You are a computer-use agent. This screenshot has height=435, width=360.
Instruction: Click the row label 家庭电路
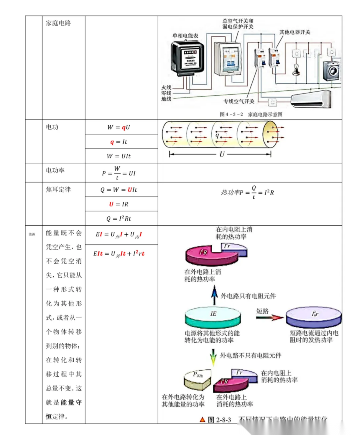tap(58, 23)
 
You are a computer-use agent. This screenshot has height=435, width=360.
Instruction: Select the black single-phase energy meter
tap(187, 56)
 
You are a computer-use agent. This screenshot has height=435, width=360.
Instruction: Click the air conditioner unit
tap(311, 99)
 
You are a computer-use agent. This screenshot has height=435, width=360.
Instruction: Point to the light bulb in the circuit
tap(296, 69)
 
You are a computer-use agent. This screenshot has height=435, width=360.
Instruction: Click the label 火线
tap(166, 87)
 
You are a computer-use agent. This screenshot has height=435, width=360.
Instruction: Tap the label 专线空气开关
tap(239, 101)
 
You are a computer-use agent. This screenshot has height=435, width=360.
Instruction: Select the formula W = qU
tap(119, 127)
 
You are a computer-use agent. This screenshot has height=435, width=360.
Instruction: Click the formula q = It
tap(119, 142)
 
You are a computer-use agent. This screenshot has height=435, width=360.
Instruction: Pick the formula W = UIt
tap(119, 156)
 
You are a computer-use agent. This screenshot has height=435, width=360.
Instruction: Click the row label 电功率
tap(55, 170)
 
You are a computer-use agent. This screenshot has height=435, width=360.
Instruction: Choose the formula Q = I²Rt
tap(119, 219)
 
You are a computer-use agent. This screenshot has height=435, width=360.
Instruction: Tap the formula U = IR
tap(119, 204)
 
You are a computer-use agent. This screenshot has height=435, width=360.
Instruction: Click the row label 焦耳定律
tap(58, 189)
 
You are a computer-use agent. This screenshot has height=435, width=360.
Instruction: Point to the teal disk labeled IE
tap(213, 317)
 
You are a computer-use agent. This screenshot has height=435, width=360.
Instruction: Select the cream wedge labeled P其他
tap(197, 379)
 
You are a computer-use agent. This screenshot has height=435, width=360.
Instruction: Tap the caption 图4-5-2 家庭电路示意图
tap(251, 114)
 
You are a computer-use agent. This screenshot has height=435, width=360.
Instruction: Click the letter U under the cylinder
tap(222, 154)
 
